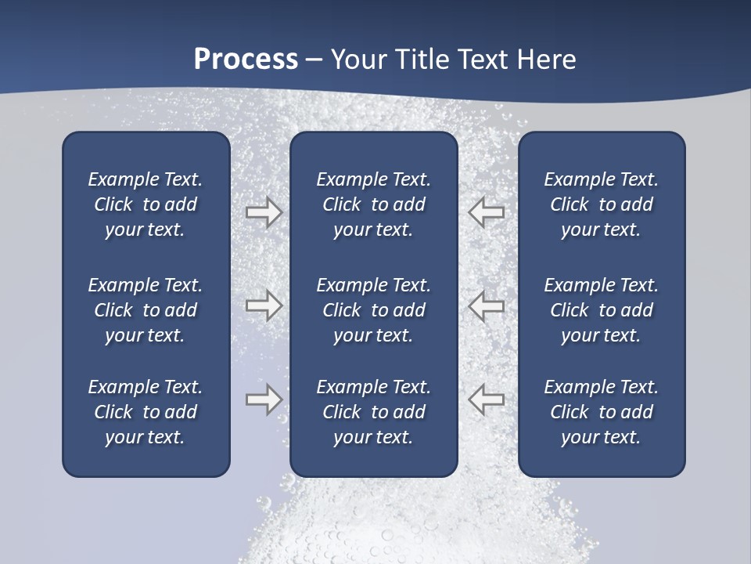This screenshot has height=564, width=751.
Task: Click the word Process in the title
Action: (x=246, y=59)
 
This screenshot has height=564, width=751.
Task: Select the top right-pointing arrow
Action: (x=264, y=212)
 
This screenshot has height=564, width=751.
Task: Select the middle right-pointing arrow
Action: (x=264, y=305)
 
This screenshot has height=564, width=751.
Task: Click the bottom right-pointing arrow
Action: (x=264, y=399)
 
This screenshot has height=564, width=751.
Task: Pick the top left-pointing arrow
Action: (x=486, y=212)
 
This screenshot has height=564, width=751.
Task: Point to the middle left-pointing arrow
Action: (x=486, y=305)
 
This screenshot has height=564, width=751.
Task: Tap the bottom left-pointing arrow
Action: (x=486, y=399)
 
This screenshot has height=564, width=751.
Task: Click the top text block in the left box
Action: (x=146, y=204)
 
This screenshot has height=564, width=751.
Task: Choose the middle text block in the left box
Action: (x=146, y=310)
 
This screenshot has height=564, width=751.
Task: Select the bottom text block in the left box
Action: (x=146, y=412)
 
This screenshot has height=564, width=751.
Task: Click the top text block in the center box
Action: (x=373, y=204)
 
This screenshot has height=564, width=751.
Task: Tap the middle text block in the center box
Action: (x=373, y=310)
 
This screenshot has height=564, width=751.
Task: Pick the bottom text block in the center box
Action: (x=373, y=412)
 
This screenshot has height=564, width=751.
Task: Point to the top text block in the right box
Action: (x=601, y=204)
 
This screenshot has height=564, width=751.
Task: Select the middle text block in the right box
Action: (x=601, y=310)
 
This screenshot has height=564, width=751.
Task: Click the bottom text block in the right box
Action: (x=601, y=412)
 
